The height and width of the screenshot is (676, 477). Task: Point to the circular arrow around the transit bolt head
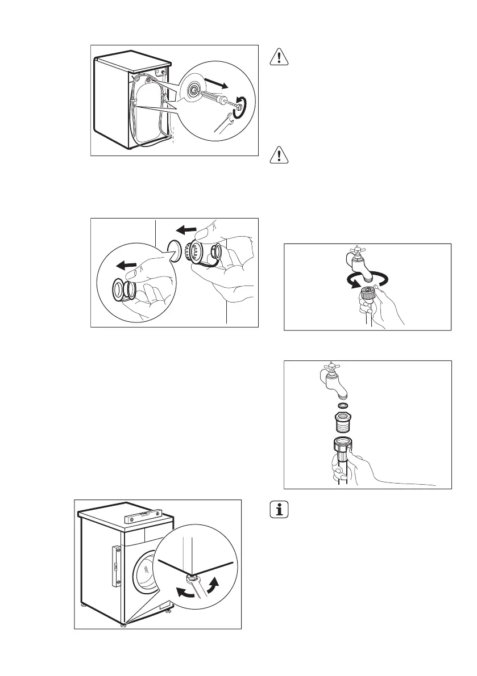tap(243, 106)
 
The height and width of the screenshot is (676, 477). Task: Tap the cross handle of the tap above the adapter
tap(329, 369)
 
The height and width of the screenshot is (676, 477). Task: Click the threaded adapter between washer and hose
tap(343, 424)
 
